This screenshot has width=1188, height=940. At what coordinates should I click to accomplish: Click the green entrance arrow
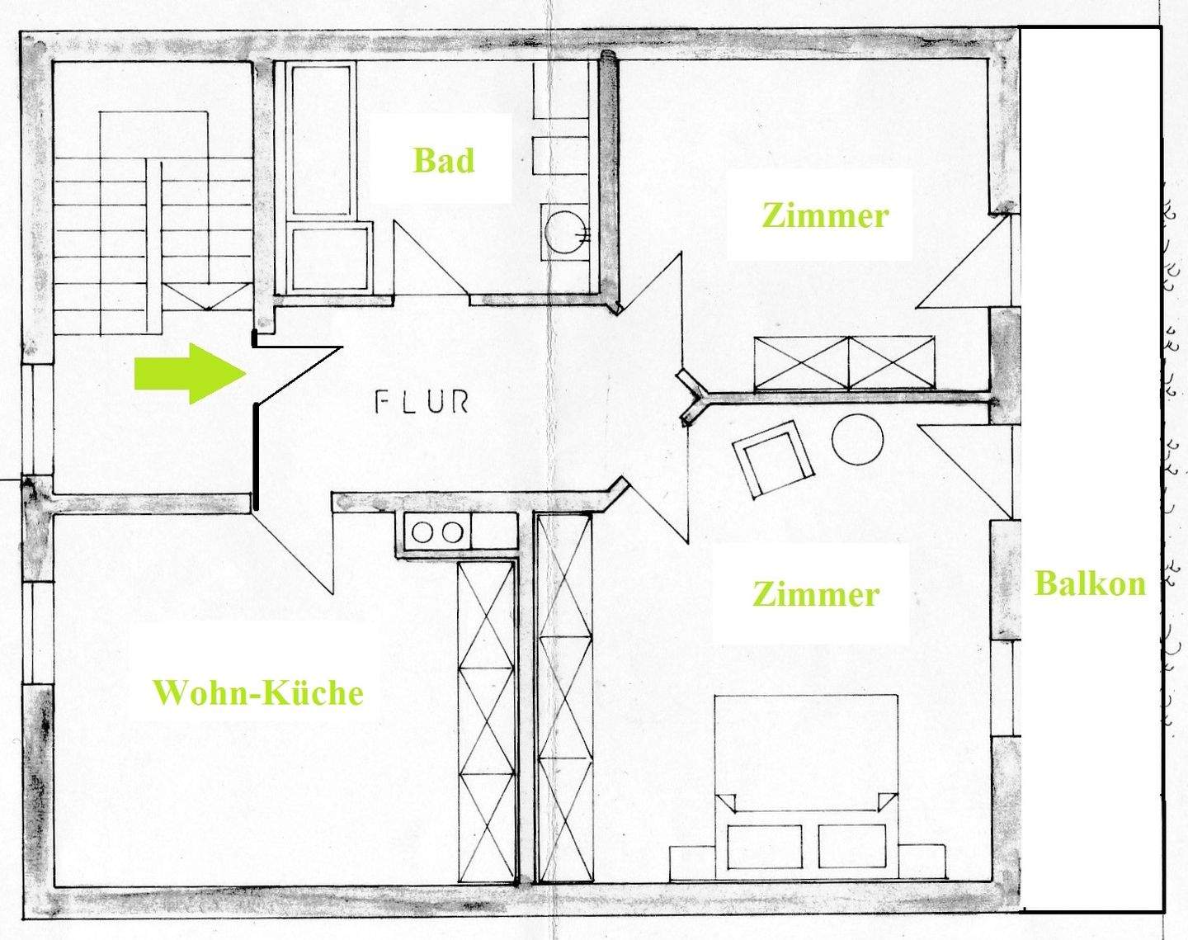tap(191, 374)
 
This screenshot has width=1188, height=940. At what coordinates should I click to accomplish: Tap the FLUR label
tap(422, 402)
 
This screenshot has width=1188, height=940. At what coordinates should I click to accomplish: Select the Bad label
tap(444, 160)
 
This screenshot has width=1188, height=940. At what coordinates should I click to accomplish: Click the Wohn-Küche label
tap(258, 692)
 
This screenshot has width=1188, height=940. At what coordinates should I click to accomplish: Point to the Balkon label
tap(1090, 583)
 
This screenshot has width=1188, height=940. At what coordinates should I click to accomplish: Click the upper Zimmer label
tap(825, 216)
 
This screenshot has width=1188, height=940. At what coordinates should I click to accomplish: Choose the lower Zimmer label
tap(816, 594)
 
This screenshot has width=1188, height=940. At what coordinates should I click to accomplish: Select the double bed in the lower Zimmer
tap(805, 784)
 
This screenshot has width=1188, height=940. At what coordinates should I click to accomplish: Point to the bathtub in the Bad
tap(322, 177)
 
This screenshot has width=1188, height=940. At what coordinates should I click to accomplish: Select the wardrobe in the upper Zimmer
tap(845, 363)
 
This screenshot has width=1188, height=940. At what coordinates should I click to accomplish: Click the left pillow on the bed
tap(764, 847)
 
